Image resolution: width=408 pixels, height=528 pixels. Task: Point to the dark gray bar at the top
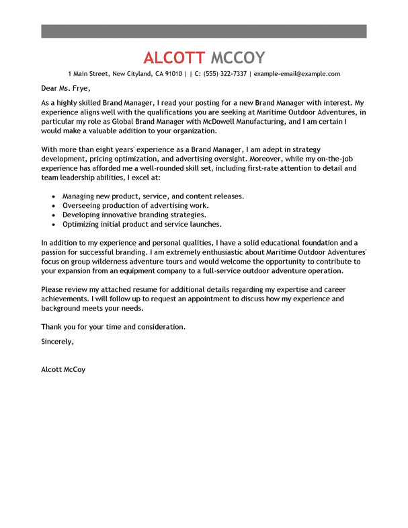pyautogui.click(x=204, y=31)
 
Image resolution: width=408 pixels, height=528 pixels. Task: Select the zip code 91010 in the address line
pyautogui.click(x=173, y=74)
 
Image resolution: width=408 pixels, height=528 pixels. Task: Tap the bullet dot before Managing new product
pyautogui.click(x=53, y=196)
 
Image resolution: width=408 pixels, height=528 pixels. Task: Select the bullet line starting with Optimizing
pyautogui.click(x=142, y=224)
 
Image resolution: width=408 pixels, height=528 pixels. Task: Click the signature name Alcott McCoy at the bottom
pyautogui.click(x=63, y=370)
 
